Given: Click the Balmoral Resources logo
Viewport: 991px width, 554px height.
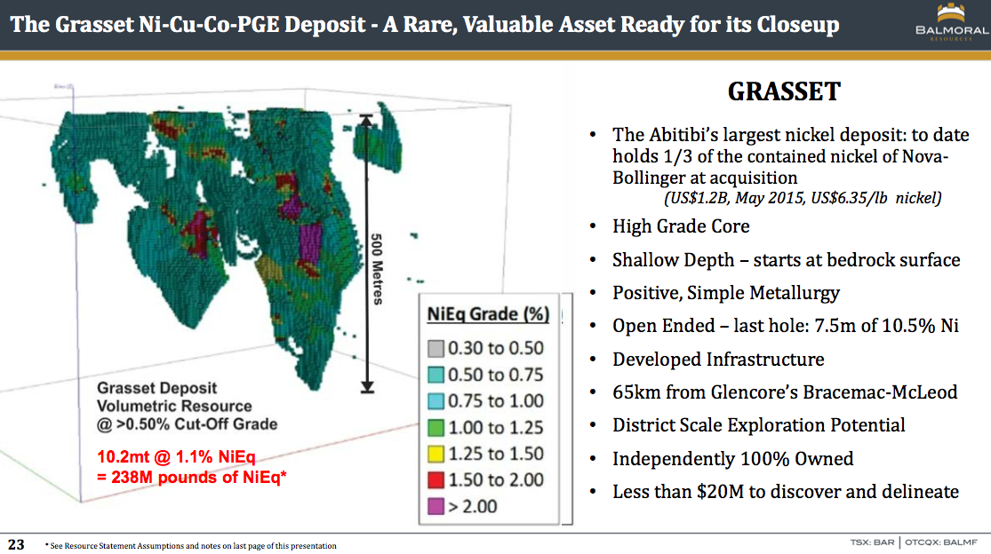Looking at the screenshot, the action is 951,23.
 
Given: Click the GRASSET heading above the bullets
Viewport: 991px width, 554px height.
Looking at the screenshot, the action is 784,91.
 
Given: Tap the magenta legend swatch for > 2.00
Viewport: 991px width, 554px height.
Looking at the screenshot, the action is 436,506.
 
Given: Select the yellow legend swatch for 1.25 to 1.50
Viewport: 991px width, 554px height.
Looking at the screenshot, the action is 436,454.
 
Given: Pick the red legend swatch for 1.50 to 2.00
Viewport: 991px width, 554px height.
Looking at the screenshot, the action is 436,480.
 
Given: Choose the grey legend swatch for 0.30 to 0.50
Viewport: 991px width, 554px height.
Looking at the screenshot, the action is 436,348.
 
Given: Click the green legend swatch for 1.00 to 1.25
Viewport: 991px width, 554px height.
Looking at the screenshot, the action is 436,428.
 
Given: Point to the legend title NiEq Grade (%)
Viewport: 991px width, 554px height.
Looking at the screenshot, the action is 488,314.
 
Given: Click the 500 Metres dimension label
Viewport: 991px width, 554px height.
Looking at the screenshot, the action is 377,269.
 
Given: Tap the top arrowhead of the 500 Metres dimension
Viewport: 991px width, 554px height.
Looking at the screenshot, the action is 366,120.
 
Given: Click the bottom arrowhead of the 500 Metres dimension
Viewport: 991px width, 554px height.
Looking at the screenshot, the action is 367,387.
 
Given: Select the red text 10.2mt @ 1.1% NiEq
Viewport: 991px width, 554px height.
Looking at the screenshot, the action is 176,457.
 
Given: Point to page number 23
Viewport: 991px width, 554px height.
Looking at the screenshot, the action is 16,544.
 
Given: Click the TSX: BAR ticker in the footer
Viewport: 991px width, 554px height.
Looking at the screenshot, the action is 872,542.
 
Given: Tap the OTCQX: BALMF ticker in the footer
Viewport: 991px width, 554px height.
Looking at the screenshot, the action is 941,542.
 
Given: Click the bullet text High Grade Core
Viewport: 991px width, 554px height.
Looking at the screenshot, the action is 681,226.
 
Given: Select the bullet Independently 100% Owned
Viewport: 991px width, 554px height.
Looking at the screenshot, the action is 732,459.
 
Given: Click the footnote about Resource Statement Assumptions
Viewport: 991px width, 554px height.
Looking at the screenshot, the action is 191,546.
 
